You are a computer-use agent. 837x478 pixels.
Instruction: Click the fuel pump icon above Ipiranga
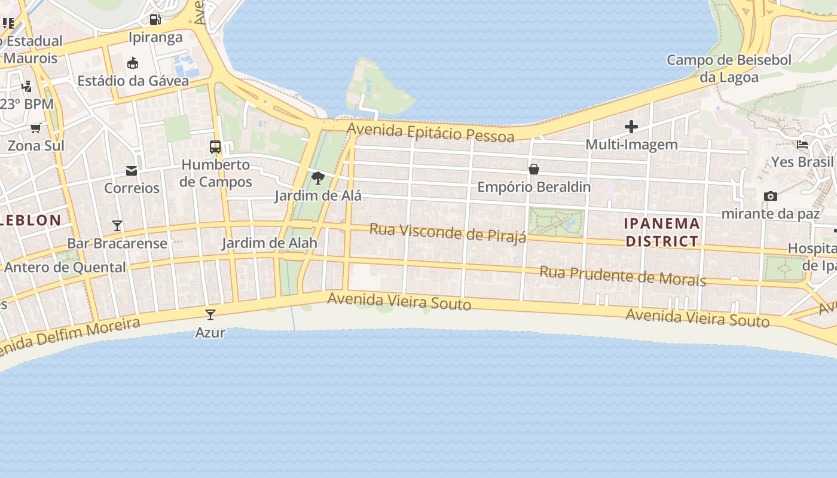click(x=155, y=19)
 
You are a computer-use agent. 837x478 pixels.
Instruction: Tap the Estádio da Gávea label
click(x=133, y=81)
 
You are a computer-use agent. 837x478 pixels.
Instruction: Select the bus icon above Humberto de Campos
click(x=215, y=146)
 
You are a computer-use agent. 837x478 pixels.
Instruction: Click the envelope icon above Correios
click(x=132, y=171)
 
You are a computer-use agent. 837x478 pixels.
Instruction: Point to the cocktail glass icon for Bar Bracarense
click(x=117, y=226)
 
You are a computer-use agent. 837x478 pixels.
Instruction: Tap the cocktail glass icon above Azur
click(x=210, y=315)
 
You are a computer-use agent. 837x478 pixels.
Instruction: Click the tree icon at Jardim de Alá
click(x=318, y=177)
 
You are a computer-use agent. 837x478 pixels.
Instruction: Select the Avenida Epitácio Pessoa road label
click(x=430, y=133)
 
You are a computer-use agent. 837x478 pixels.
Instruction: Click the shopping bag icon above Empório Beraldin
click(x=534, y=169)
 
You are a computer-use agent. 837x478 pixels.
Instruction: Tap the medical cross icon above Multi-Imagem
click(x=631, y=127)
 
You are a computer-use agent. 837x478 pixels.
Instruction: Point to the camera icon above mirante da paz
click(x=771, y=196)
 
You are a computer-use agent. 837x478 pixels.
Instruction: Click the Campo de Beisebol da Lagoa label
click(x=729, y=68)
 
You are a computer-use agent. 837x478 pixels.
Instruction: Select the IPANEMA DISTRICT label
click(x=662, y=232)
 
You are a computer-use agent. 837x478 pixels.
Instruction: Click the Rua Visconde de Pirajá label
click(x=448, y=233)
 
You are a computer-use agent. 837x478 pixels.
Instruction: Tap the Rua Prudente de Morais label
click(x=623, y=276)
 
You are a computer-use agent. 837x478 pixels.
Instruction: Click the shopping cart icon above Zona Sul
click(x=36, y=128)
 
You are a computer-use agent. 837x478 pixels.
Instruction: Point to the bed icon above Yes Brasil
click(x=802, y=144)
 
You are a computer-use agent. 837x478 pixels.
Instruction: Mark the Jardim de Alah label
click(x=270, y=243)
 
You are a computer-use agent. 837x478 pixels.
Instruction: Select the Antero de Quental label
click(x=65, y=267)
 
